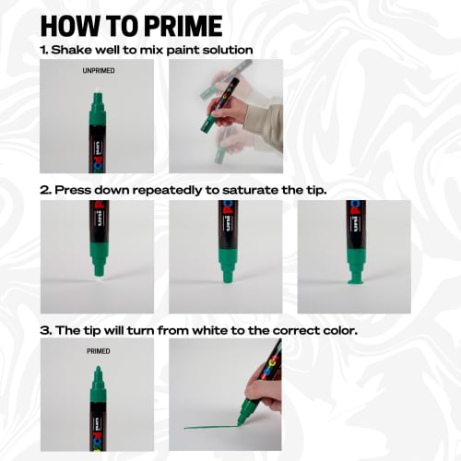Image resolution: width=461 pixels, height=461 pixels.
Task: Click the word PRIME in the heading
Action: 174,25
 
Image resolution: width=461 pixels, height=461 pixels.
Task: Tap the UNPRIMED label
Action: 97,70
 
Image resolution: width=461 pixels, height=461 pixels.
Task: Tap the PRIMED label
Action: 98,351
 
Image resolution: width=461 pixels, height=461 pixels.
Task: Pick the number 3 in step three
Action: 44,328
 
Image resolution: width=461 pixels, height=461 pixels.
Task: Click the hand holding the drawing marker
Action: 266,396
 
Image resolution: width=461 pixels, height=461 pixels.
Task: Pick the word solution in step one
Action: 220,49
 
